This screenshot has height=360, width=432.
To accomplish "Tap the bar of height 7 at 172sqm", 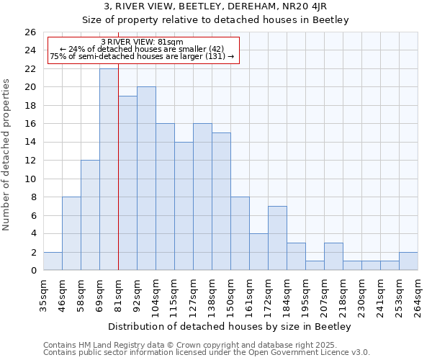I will [x=277, y=238].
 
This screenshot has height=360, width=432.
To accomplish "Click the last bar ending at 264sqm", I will [x=408, y=261].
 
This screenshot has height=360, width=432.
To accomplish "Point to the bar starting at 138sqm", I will [x=221, y=202].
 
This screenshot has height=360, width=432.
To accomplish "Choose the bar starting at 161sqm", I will [x=258, y=251].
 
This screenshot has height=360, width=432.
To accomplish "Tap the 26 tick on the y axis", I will [x=30, y=32].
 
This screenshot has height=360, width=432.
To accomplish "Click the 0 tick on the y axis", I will [x=33, y=271].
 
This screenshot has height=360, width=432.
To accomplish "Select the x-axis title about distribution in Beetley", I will [x=230, y=327].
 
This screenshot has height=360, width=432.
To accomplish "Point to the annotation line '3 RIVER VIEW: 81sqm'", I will [x=142, y=41].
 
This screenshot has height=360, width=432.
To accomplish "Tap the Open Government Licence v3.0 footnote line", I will [x=207, y=353].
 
